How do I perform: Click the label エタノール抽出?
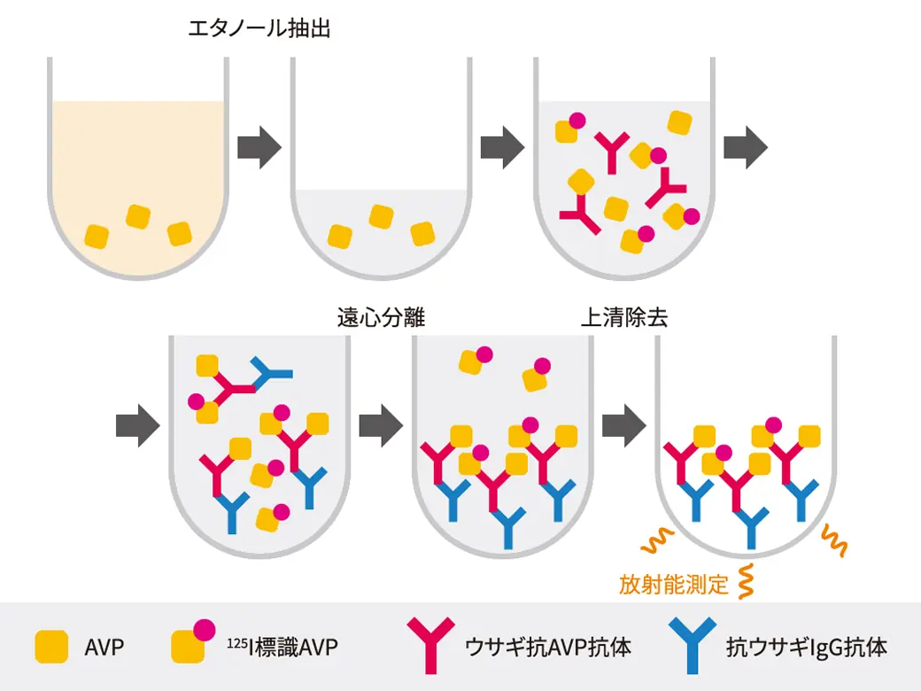[x=259, y=29]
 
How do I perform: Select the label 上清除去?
[x=623, y=317]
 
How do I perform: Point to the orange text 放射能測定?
[x=674, y=585]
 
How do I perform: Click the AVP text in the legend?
[x=104, y=647]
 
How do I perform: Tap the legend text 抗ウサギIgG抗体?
[x=806, y=647]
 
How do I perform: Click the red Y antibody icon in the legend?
[x=430, y=645]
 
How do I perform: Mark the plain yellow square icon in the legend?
[x=50, y=647]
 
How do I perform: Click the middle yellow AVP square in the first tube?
[x=138, y=216]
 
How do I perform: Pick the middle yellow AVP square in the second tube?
[x=381, y=216]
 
